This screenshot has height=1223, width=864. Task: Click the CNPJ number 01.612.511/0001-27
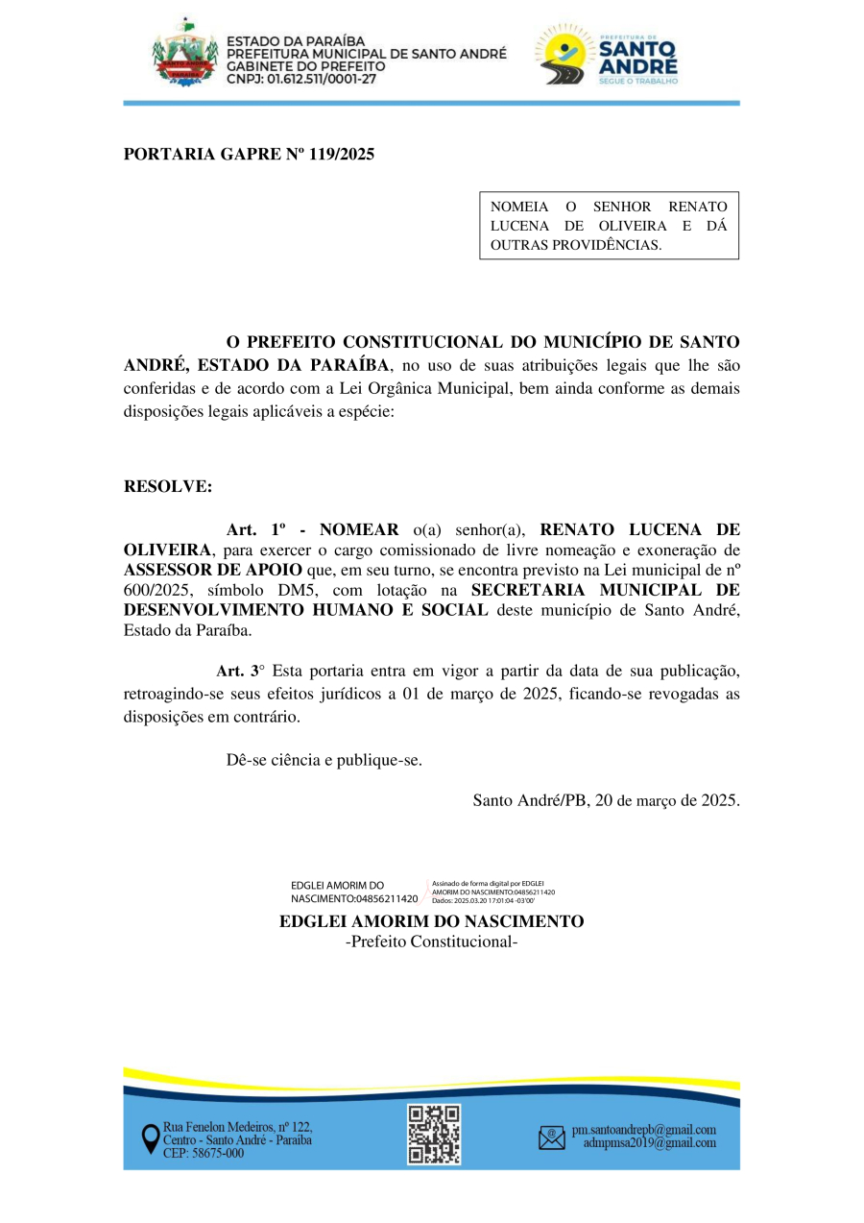(322, 80)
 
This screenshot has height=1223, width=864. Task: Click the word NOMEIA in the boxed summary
(519, 207)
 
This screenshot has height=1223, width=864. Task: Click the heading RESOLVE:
(168, 486)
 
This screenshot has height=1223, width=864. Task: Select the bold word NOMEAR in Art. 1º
(359, 529)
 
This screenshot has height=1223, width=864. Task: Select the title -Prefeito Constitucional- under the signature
(431, 942)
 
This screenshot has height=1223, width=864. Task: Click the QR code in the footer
(434, 1135)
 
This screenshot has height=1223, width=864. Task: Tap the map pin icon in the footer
(151, 1139)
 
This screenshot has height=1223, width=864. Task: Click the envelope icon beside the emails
(552, 1138)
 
